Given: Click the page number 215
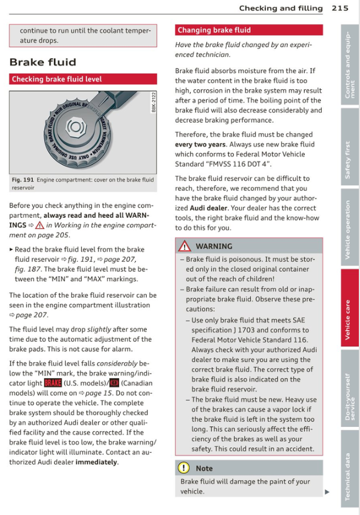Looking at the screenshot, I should coord(340,8).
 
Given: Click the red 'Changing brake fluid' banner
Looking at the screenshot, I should coord(248,30).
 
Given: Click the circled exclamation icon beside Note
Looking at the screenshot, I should coord(184,468).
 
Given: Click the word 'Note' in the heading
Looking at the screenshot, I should coord(204,468).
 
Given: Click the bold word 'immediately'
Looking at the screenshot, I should coord(96,462).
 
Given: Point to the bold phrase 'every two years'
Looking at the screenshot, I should coord(200,144).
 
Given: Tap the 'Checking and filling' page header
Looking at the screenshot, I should coord(281,8).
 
